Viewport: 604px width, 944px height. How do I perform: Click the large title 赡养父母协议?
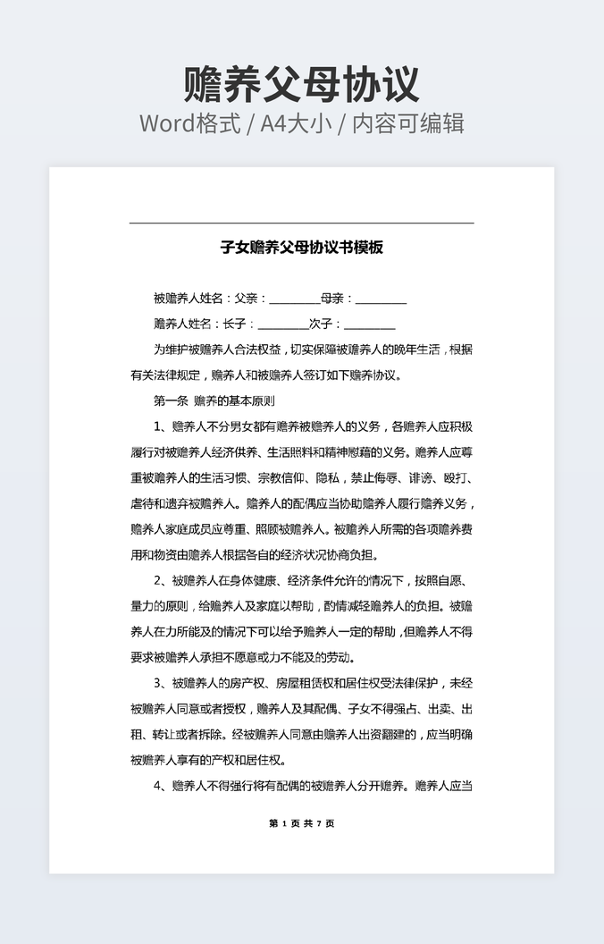[301, 84]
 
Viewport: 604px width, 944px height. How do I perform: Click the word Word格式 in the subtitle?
[189, 123]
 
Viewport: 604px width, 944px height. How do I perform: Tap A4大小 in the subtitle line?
[295, 123]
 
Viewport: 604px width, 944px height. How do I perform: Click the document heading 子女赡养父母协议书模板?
[301, 247]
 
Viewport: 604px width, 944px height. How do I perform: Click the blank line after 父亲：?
[294, 299]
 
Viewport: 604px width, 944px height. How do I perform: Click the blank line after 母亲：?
[381, 299]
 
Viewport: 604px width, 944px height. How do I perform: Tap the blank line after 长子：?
[282, 324]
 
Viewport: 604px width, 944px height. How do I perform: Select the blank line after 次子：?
[369, 324]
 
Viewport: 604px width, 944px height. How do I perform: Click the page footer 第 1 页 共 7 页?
[301, 823]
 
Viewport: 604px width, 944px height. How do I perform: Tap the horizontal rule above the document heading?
[301, 223]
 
